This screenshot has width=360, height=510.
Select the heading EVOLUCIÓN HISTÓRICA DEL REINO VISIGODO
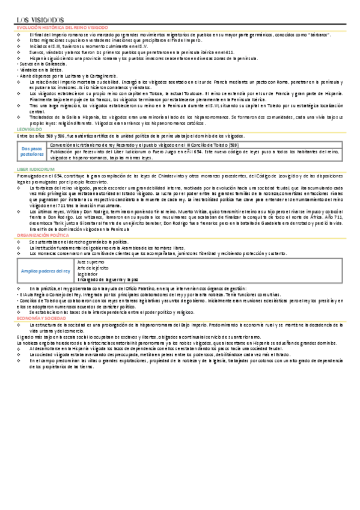[x=62, y=28]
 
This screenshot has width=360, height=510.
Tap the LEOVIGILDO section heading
[x=29, y=129]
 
